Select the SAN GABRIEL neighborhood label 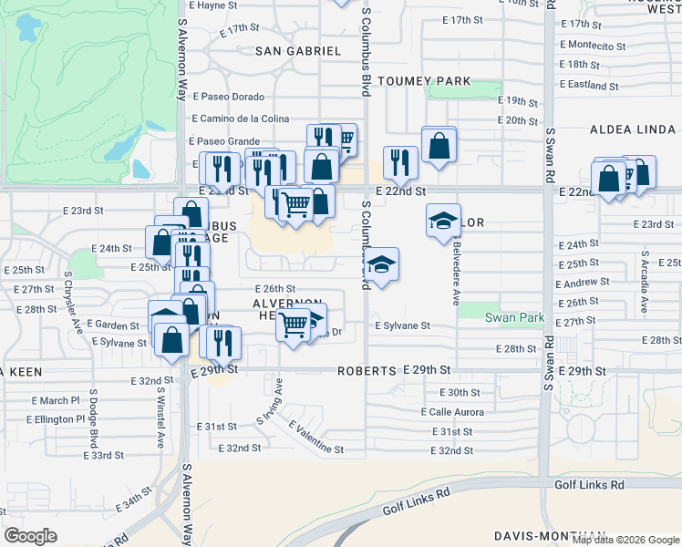298,51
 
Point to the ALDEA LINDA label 633,130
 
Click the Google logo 31,536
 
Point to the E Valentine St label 316,437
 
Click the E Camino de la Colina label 241,119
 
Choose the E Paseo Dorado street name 228,97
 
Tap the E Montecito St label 593,45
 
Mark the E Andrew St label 583,284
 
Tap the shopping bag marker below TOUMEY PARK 439,145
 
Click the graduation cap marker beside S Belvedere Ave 444,221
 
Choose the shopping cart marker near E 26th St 294,325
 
